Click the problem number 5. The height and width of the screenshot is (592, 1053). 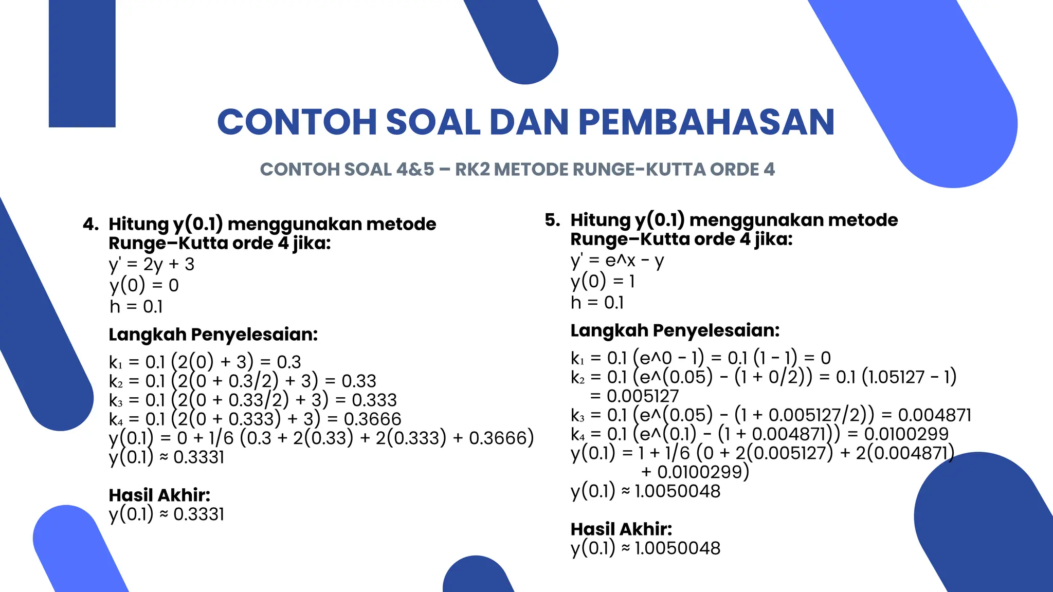pos(552,220)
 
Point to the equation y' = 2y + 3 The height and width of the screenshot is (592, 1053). pos(152,264)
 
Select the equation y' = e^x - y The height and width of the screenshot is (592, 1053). pos(617,261)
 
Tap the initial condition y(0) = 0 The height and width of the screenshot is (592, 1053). pos(144,285)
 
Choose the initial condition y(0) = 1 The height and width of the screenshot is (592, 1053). pos(603,281)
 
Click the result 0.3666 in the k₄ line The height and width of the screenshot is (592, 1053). pos(372,419)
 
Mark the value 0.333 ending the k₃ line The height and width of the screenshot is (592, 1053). pos(374,400)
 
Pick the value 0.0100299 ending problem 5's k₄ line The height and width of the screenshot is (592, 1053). pos(906,434)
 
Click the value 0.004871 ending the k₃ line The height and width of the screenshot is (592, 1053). pos(934,415)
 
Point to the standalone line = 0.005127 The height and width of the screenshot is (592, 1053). pos(634,396)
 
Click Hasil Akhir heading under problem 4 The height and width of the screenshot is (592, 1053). pos(159,495)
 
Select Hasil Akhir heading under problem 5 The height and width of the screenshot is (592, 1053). pos(621,529)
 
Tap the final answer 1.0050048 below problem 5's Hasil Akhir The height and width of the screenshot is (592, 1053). pos(677,548)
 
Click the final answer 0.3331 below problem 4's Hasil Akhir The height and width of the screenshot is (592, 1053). pos(198,514)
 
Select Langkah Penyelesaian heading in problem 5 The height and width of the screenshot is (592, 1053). pos(675,330)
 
